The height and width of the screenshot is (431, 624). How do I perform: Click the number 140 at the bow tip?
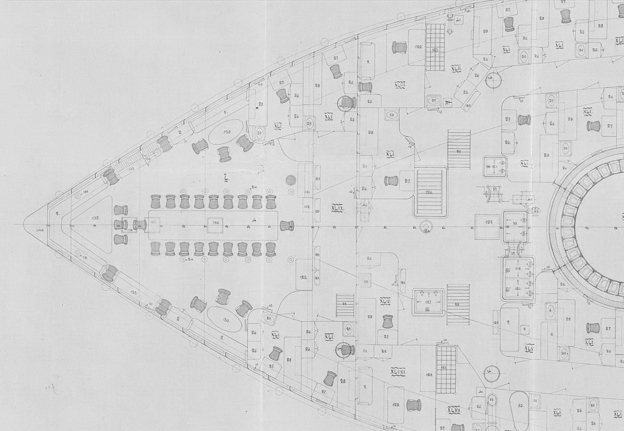[x=40, y=228]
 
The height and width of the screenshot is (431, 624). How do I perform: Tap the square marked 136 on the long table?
[x=216, y=222]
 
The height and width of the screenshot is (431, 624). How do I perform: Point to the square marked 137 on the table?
[x=154, y=222]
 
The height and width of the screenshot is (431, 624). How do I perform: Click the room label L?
[x=226, y=178]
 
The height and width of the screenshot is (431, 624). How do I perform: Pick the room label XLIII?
[x=400, y=85]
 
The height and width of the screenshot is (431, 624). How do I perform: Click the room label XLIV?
[x=385, y=301]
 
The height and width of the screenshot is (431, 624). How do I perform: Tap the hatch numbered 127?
[x=428, y=302]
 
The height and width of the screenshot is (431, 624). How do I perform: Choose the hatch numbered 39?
[x=515, y=226]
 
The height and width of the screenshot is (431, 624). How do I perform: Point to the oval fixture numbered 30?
[x=520, y=406]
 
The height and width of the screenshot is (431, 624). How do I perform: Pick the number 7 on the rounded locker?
[x=508, y=323]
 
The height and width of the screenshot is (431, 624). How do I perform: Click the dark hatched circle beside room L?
[x=291, y=180]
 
